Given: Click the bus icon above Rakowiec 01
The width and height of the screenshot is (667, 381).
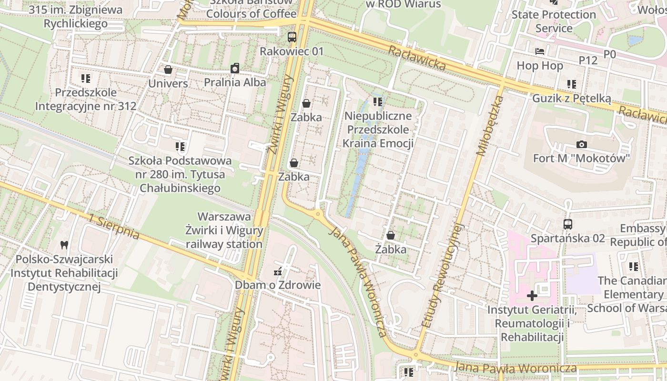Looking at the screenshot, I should pyautogui.click(x=292, y=37).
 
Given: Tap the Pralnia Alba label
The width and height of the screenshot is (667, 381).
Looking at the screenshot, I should pyautogui.click(x=235, y=82).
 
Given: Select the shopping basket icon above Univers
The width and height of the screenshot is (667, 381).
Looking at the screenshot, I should pyautogui.click(x=168, y=70).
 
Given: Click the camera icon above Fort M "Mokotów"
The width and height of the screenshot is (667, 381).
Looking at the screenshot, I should pyautogui.click(x=581, y=144).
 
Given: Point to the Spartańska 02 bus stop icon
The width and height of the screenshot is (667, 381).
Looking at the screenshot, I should pyautogui.click(x=567, y=224).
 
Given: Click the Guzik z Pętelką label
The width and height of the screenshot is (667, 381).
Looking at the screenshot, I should pyautogui.click(x=571, y=98).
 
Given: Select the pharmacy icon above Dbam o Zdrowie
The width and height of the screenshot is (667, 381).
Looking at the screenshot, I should pyautogui.click(x=277, y=272).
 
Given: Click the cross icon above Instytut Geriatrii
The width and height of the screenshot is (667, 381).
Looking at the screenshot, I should pyautogui.click(x=532, y=296).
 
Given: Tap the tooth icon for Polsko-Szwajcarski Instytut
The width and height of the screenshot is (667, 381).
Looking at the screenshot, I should pyautogui.click(x=64, y=245).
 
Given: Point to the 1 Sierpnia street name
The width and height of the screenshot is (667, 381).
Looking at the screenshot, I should pyautogui.click(x=114, y=227).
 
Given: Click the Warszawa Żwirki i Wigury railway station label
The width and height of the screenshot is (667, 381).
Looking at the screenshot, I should pyautogui.click(x=224, y=231).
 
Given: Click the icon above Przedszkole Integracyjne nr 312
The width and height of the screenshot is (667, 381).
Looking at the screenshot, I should pyautogui.click(x=86, y=78).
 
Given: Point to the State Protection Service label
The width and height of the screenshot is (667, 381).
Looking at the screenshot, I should pyautogui.click(x=554, y=21).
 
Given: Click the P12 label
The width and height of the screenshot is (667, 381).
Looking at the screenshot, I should pyautogui.click(x=588, y=60).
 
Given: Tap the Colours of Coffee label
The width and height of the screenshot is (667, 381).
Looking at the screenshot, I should pyautogui.click(x=251, y=13).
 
